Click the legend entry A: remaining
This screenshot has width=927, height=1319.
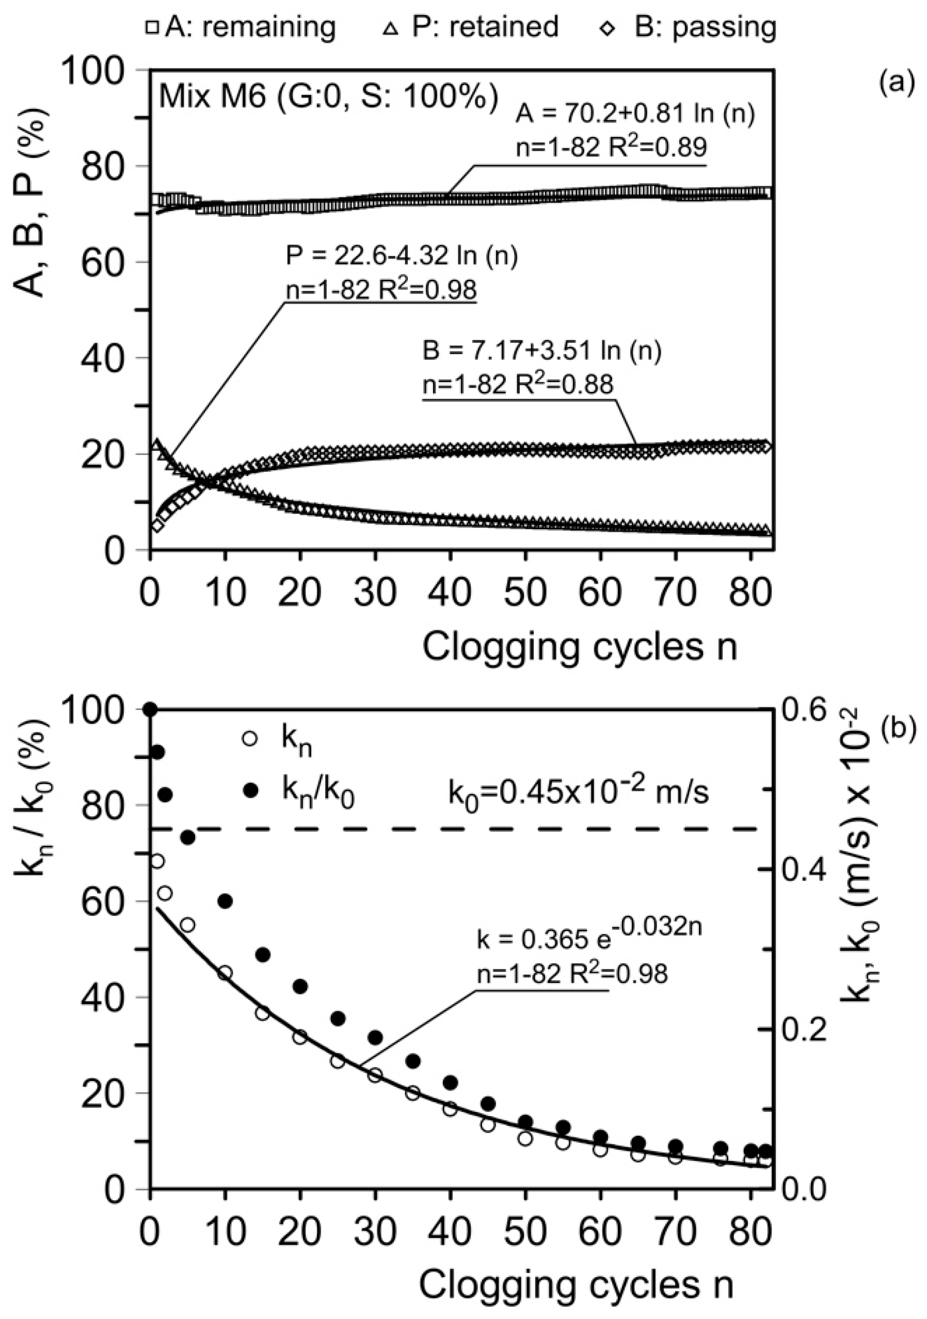[241, 27]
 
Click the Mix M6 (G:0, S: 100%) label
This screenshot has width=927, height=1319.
[328, 96]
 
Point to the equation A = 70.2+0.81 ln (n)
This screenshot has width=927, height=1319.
[635, 114]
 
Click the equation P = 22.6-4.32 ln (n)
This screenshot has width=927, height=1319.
[402, 256]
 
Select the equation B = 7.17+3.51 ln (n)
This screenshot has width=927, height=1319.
[541, 351]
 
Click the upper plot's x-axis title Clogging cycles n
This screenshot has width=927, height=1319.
[580, 647]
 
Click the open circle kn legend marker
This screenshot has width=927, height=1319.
[249, 739]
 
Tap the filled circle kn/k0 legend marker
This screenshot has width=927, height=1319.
[249, 791]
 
